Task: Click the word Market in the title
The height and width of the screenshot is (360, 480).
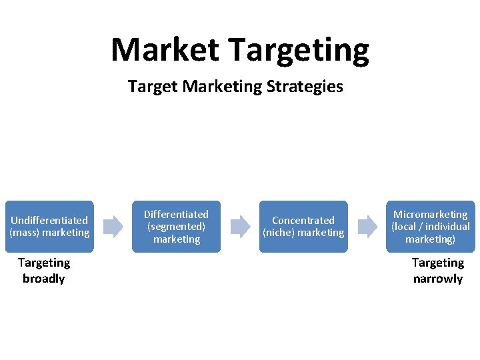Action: point(164,50)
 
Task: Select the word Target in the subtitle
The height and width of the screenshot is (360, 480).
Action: point(149,86)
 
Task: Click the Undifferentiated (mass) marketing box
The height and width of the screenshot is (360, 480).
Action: point(49,227)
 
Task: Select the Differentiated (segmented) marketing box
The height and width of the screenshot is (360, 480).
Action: point(176,227)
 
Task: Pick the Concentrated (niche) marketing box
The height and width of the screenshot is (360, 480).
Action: point(303,227)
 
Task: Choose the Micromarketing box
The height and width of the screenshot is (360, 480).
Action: point(430,227)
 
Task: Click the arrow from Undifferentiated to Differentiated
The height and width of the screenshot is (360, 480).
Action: point(113,227)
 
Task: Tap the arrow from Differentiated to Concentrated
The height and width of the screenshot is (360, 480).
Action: point(240,227)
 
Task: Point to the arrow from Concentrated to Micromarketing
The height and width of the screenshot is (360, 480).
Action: point(367,227)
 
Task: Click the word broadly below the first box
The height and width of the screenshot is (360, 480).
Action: point(44,279)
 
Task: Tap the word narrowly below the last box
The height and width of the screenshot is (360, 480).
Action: point(438,279)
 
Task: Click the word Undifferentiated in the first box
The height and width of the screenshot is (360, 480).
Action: point(49,220)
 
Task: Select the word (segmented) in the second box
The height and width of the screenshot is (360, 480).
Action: point(176,227)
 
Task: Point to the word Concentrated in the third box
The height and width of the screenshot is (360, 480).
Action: point(303,220)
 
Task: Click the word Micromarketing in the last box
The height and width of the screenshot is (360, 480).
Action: point(430,215)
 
